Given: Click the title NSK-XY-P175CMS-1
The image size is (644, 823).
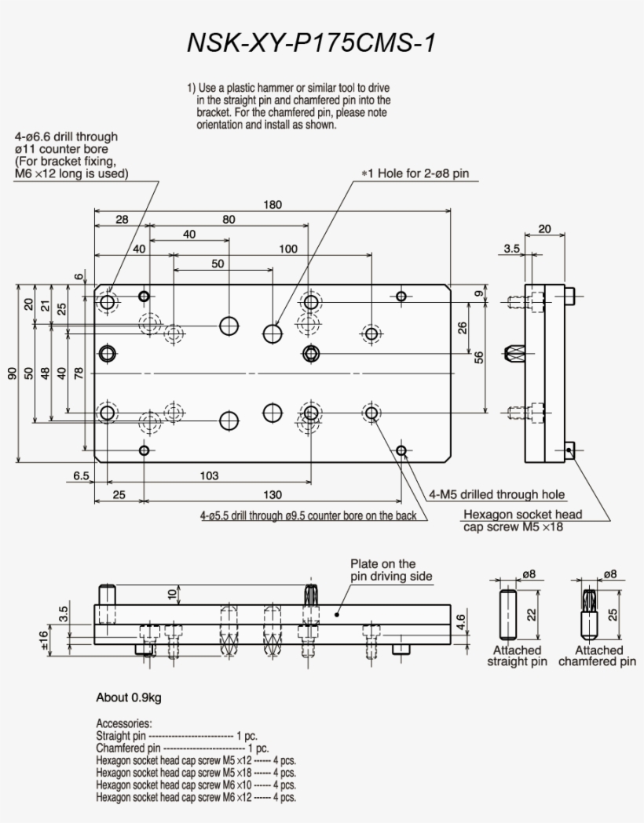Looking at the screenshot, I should point(310,43).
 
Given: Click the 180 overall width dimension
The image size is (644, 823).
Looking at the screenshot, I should point(273,205).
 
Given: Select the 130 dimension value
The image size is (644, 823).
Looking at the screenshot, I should point(273,494).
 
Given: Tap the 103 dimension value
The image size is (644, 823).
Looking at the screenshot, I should point(209,475).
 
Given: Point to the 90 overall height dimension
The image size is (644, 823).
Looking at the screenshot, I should point(12,373).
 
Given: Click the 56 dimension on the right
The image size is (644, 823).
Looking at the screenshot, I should point(479,356).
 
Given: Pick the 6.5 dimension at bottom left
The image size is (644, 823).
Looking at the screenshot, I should point(80,475).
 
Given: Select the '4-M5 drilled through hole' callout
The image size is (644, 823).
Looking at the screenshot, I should point(496,494).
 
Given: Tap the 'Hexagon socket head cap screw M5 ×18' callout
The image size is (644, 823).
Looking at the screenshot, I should point(522,520).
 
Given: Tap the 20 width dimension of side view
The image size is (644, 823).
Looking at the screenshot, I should point(545,229).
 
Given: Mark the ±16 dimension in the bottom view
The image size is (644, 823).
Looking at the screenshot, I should point(44,639).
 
